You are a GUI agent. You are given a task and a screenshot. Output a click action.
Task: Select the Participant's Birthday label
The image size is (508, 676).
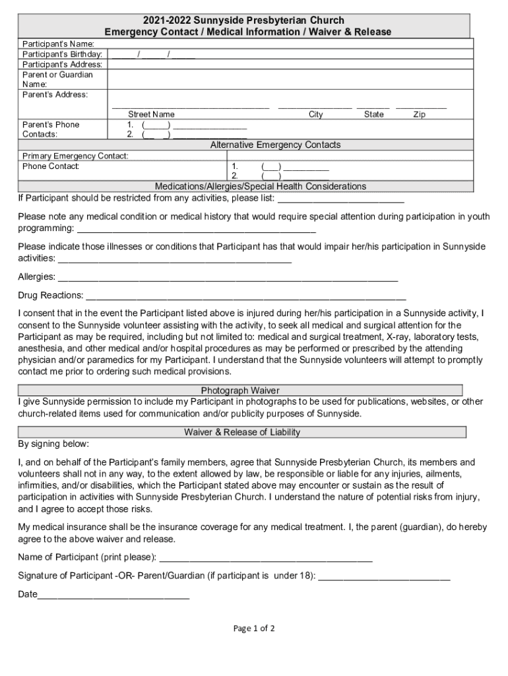click(x=62, y=53)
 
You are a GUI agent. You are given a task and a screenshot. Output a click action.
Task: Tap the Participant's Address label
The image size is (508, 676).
click(x=62, y=64)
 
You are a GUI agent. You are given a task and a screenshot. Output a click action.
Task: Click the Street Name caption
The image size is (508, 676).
click(x=151, y=114)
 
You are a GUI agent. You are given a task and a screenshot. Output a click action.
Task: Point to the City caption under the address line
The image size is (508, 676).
click(x=316, y=114)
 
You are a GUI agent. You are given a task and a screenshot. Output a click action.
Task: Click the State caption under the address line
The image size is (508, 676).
click(x=373, y=114)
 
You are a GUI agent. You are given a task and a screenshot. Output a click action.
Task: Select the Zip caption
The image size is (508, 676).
click(x=419, y=114)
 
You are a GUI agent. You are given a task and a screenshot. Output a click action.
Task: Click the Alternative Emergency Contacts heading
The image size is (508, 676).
click(x=275, y=145)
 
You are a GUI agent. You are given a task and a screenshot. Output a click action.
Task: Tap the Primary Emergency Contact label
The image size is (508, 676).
click(x=75, y=156)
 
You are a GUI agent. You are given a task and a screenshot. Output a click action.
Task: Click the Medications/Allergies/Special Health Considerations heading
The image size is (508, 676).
click(x=260, y=186)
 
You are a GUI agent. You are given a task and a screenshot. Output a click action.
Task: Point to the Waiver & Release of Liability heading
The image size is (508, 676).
click(x=242, y=432)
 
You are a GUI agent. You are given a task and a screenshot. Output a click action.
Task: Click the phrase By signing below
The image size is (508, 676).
click(x=53, y=444)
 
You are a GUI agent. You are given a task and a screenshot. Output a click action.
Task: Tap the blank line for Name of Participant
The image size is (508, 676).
click(x=267, y=558)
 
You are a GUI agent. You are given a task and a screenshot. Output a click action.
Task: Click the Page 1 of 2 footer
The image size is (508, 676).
click(x=254, y=628)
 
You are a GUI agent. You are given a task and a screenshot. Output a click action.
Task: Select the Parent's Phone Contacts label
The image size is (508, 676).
click(x=51, y=129)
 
